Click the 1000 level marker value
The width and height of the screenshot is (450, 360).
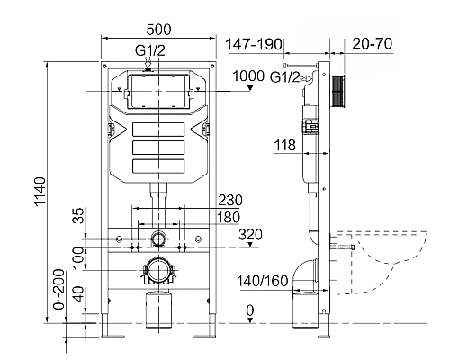249,76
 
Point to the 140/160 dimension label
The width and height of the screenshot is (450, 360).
263,280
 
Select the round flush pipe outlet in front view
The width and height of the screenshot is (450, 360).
158,239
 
